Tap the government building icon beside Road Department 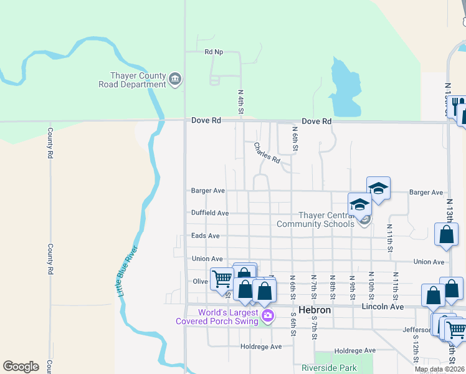point(175,79)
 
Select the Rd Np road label point(214,52)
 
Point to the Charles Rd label point(267,153)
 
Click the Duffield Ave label point(210,213)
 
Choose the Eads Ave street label point(205,236)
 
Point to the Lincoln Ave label point(383,307)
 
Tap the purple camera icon point(268,316)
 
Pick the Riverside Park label point(329,368)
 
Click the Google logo point(21,367)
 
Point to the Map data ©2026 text point(439,369)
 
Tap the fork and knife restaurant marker point(457,105)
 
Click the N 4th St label point(240,101)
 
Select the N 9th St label point(352,285)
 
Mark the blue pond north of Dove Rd point(344,87)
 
